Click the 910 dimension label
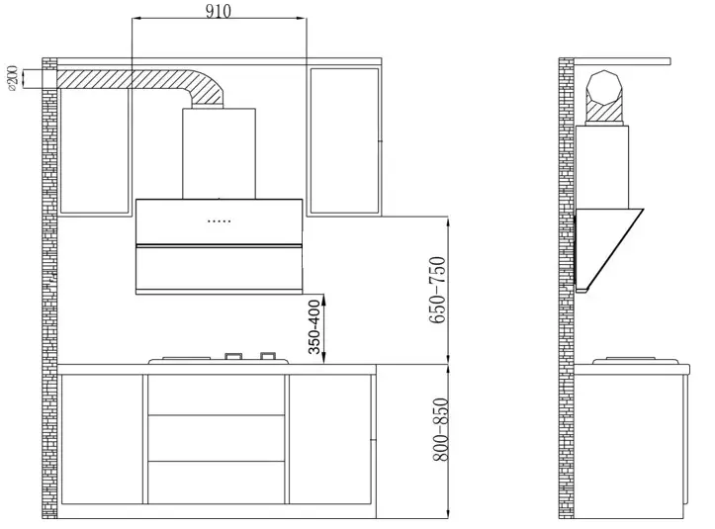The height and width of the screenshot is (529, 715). point(219,11)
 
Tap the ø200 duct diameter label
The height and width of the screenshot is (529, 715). point(12,79)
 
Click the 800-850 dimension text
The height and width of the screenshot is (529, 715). point(440,429)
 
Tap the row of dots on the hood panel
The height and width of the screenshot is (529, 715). point(220,220)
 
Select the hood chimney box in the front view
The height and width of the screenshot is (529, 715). point(219,153)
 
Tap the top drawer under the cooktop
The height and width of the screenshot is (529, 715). point(218,395)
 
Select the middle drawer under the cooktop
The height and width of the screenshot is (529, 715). point(218,438)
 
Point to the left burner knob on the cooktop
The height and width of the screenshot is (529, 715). point(234,355)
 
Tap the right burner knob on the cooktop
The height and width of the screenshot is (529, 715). point(267,355)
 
